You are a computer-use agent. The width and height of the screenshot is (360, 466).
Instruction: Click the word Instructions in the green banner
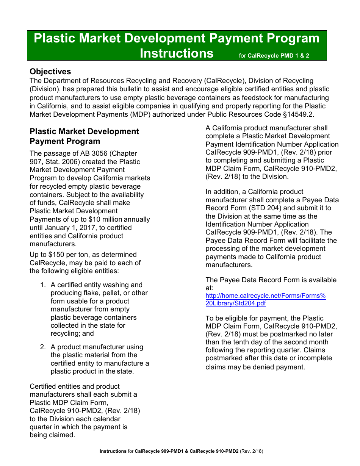click(x=177, y=53)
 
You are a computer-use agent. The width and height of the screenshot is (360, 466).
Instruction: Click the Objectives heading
click(x=50, y=72)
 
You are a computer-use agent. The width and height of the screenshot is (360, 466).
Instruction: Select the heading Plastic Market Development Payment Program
click(x=84, y=136)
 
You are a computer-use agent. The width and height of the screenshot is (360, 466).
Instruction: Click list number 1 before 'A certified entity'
click(x=43, y=285)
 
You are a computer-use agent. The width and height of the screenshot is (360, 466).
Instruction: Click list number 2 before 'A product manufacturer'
click(x=43, y=347)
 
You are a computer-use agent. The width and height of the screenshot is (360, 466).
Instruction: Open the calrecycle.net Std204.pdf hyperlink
click(x=265, y=300)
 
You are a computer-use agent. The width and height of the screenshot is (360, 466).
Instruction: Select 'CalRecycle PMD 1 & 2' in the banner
click(x=278, y=56)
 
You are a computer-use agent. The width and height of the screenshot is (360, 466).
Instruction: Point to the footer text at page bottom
click(x=181, y=451)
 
